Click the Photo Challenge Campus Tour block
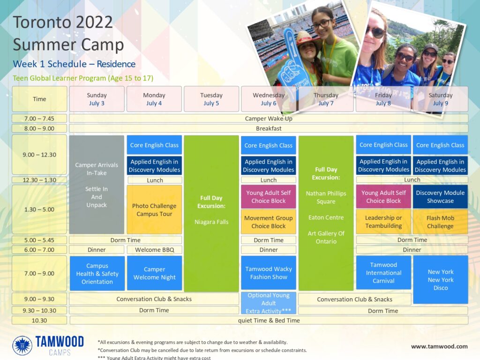pos(154,210)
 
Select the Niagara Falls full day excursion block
pos(211,213)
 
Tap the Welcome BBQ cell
pos(154,250)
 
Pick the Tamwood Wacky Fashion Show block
pos(269,273)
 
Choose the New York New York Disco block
pos(441,279)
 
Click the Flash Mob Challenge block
pos(440,222)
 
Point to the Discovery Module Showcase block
pos(440,196)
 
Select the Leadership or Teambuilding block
pos(383,222)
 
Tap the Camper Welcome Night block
pos(154,273)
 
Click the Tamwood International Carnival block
pos(383,272)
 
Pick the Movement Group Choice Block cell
pos(269,222)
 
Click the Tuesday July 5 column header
pos(211,99)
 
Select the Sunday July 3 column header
pos(97,99)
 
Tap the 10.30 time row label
pos(39,321)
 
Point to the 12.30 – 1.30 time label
pos(39,180)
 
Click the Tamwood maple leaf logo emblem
pos(22,345)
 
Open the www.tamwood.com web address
pos(439,346)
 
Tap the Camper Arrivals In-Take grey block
pos(97,185)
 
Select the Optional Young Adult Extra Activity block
pos(269,303)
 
